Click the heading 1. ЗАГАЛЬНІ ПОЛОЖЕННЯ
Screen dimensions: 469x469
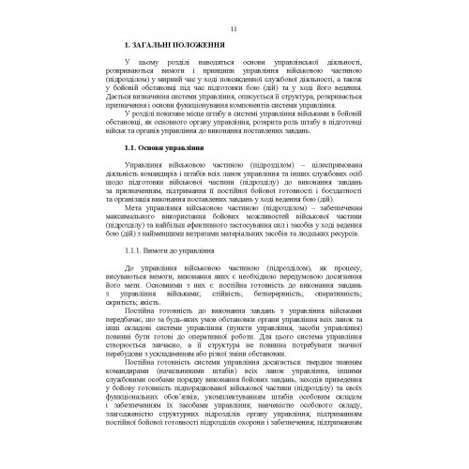171,45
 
